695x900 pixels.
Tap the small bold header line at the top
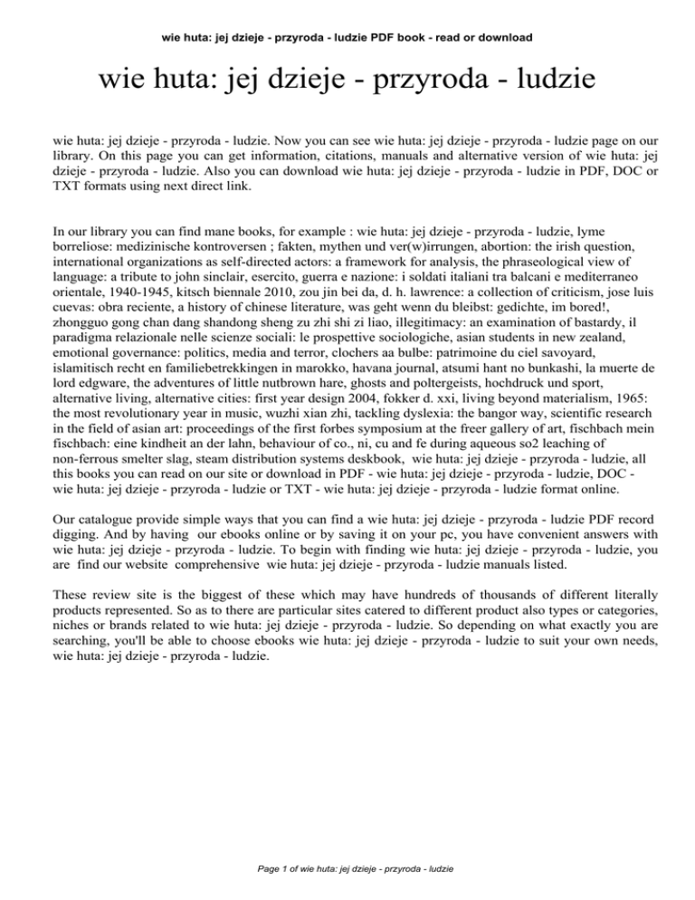pyautogui.click(x=347, y=37)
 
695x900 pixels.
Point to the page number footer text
pyautogui.click(x=347, y=868)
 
